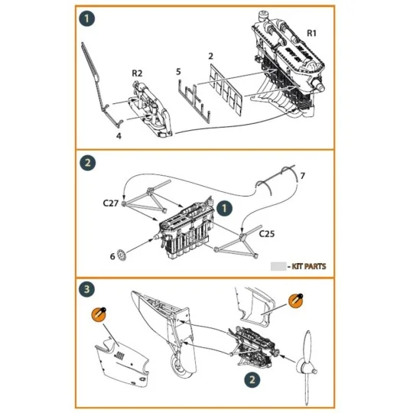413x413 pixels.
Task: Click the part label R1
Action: [x=312, y=33]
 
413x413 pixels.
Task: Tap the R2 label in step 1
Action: [x=138, y=73]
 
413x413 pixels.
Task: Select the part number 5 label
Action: [x=178, y=71]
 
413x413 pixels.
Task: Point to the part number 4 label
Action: [x=119, y=135]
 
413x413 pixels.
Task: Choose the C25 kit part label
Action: [x=268, y=232]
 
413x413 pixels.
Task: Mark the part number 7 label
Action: [x=302, y=177]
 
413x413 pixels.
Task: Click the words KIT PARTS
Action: [x=309, y=266]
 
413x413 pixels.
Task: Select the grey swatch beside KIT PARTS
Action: [x=278, y=266]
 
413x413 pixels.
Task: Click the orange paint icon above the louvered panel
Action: [x=98, y=313]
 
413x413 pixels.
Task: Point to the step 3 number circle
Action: [x=89, y=288]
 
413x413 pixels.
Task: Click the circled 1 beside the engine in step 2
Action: [x=224, y=207]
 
